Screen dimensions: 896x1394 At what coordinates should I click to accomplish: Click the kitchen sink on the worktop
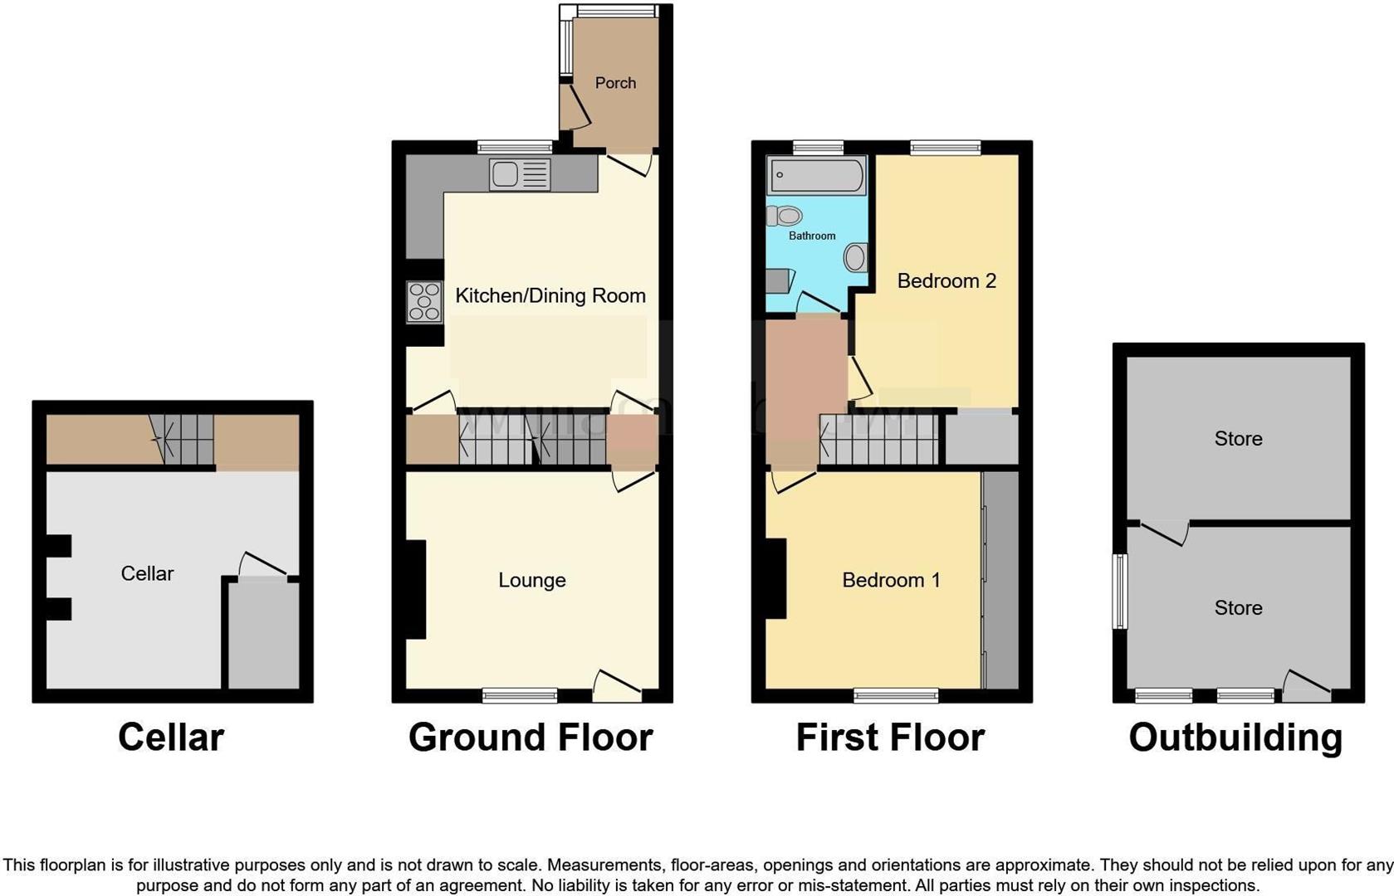tap(519, 174)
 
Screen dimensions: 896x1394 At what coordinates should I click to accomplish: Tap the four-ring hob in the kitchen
tap(424, 302)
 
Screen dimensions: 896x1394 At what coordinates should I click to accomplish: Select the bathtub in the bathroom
tap(817, 176)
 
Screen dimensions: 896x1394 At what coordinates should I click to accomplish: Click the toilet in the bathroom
tap(785, 217)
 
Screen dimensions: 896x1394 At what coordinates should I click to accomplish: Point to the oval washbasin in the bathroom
tap(855, 257)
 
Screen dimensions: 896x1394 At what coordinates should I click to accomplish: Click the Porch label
tap(615, 83)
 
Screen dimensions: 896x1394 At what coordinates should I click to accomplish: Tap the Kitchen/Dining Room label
tap(550, 295)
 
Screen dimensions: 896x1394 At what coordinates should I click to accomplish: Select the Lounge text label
tap(531, 580)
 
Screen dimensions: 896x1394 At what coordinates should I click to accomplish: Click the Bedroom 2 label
tap(946, 280)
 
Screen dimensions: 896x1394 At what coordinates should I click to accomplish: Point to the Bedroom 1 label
tap(891, 580)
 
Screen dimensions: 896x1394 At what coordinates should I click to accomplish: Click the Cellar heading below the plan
tap(171, 737)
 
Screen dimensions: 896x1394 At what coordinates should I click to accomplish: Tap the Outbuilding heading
tap(1235, 737)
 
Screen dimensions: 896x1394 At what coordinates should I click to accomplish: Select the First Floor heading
tap(890, 737)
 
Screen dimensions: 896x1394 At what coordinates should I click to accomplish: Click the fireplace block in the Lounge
tap(415, 589)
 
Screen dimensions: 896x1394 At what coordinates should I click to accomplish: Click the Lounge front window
tap(520, 695)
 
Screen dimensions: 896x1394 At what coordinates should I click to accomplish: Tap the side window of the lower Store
tap(1120, 591)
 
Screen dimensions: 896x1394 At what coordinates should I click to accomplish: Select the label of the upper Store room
tap(1238, 438)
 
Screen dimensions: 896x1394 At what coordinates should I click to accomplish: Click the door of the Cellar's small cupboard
tap(263, 567)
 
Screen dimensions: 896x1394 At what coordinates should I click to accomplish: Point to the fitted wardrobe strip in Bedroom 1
tap(1001, 580)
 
